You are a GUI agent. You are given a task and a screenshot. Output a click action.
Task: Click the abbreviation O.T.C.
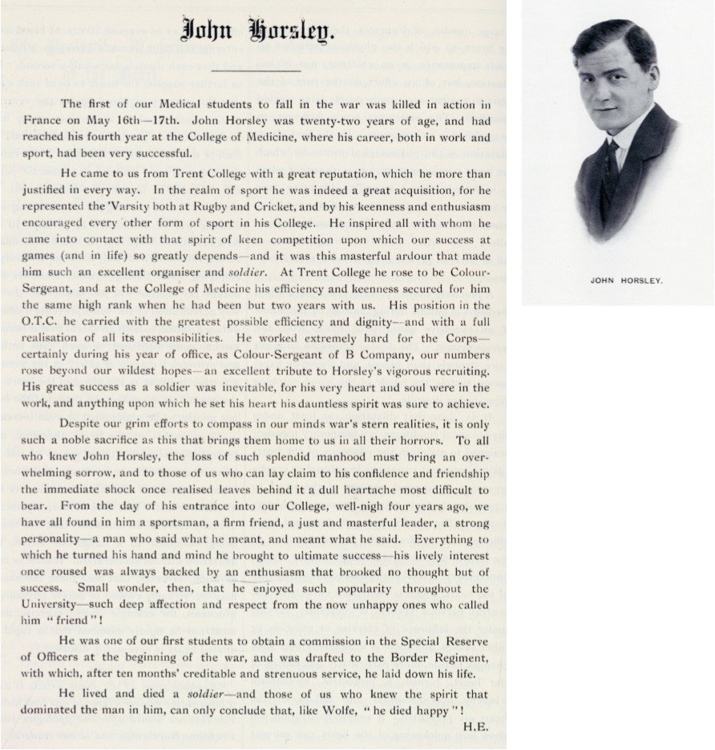(x=80, y=322)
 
